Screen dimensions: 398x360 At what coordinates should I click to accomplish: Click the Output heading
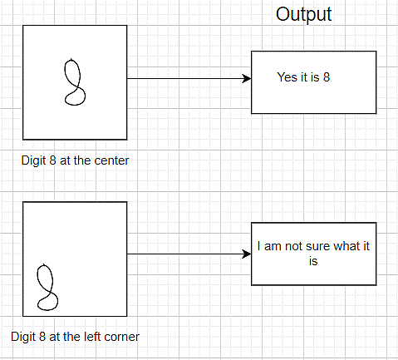303,14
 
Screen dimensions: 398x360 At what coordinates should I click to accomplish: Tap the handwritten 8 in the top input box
81,81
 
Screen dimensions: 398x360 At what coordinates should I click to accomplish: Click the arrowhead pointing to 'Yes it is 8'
247,78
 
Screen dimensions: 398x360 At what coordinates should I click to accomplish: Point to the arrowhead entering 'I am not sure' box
247,254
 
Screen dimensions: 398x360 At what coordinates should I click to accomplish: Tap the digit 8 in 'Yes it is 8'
327,77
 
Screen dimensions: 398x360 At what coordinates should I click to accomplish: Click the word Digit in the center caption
33,160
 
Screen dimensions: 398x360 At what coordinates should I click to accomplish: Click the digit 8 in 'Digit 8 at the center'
52,160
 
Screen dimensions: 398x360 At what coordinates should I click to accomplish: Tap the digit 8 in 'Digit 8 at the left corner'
42,337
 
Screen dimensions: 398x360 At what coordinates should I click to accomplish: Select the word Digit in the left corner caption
22,337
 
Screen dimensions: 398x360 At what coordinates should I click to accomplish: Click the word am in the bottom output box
273,246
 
